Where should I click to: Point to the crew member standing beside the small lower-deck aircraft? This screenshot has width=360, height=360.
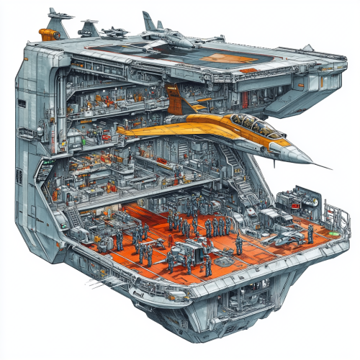click(x=310, y=233)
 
